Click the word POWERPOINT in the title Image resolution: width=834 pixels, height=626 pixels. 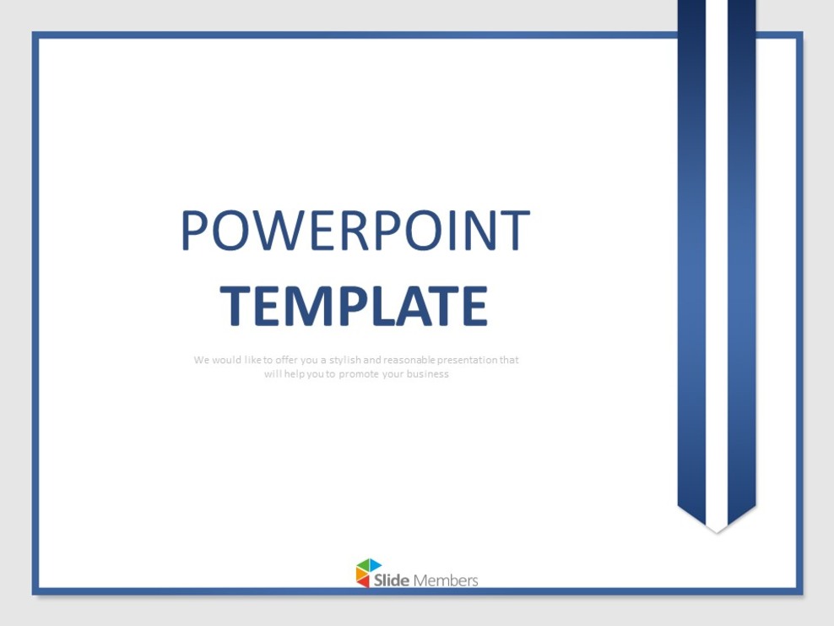[355, 231]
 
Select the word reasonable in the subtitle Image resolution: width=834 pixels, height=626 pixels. [409, 360]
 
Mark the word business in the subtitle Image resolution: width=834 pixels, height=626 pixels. [428, 374]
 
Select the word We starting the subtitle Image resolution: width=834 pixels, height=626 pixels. [201, 360]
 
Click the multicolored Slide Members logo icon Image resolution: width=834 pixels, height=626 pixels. [368, 573]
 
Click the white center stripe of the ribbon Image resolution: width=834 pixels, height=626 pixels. [717, 253]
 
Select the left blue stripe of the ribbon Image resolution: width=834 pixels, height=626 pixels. [691, 253]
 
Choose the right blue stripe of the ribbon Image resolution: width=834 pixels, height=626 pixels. [742, 253]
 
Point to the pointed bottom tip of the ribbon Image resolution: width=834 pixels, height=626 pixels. [717, 529]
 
